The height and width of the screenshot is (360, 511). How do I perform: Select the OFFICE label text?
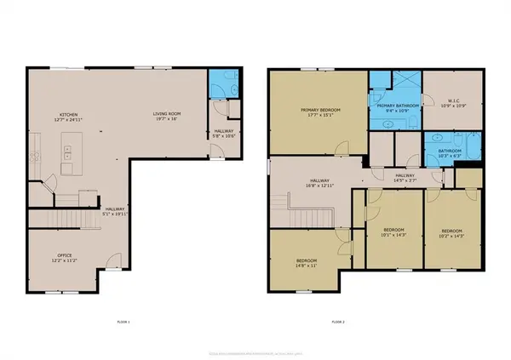tap(58, 256)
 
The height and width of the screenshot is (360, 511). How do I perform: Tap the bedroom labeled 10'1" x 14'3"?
tap(394, 231)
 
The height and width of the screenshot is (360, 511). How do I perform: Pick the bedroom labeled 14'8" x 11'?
tap(307, 262)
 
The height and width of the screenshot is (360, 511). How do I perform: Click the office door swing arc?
tap(110, 262)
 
